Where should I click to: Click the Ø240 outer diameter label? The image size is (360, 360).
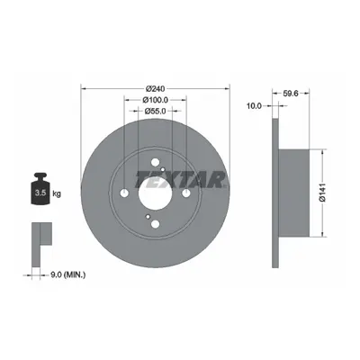tap(156, 89)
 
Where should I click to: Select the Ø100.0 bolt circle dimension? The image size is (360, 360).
tap(156, 100)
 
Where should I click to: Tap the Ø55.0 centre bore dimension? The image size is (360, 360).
tap(155, 112)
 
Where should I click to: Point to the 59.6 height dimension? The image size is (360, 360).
tap(291, 94)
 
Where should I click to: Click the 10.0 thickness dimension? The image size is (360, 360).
tap(254, 105)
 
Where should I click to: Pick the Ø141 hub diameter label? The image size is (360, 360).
tap(322, 193)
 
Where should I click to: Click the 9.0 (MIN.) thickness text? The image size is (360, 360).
tap(67, 274)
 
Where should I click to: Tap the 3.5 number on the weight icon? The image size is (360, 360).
tap(40, 193)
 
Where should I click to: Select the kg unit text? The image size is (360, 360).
tap(57, 193)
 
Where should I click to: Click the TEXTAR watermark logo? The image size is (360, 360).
tap(180, 180)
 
